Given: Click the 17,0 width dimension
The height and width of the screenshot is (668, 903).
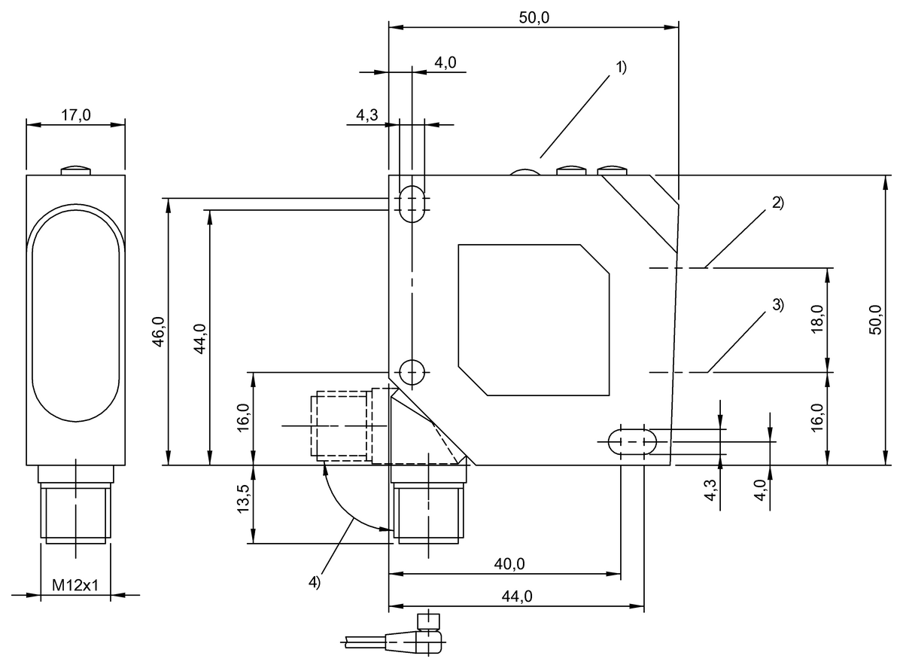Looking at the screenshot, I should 75,115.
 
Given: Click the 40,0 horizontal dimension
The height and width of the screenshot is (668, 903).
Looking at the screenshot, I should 510,564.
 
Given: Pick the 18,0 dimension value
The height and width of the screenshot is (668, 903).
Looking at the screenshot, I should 819,320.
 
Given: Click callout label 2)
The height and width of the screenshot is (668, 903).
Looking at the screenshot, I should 777,203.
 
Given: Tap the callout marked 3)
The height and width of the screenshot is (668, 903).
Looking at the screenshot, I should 777,305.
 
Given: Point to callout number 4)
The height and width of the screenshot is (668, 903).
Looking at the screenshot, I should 315,581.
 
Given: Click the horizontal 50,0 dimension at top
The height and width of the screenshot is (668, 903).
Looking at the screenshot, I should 534,18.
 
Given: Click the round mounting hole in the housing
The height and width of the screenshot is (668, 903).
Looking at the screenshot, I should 412,371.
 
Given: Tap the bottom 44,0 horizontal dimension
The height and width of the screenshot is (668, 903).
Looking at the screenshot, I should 517,596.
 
